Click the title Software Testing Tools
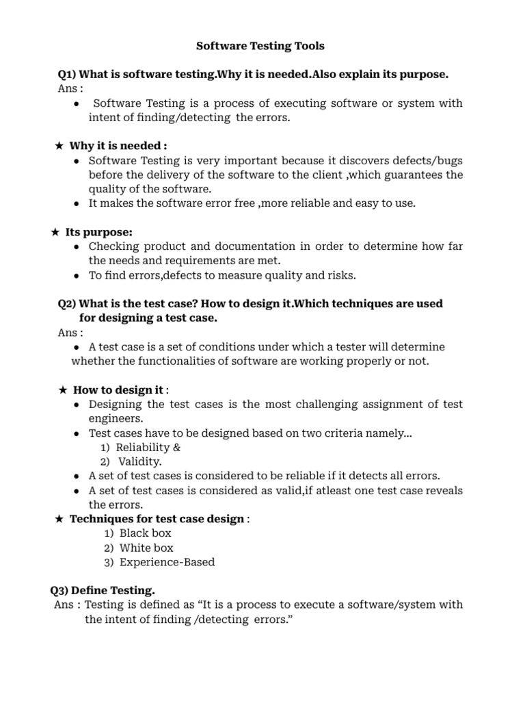tap(260, 47)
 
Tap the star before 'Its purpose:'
tap(55, 232)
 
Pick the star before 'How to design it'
tap(62, 390)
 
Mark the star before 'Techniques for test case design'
tap(59, 519)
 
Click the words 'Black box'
tap(145, 533)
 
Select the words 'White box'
tap(146, 548)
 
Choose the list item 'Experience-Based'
tap(167, 562)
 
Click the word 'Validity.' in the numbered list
tap(140, 461)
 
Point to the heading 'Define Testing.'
tap(113, 590)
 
